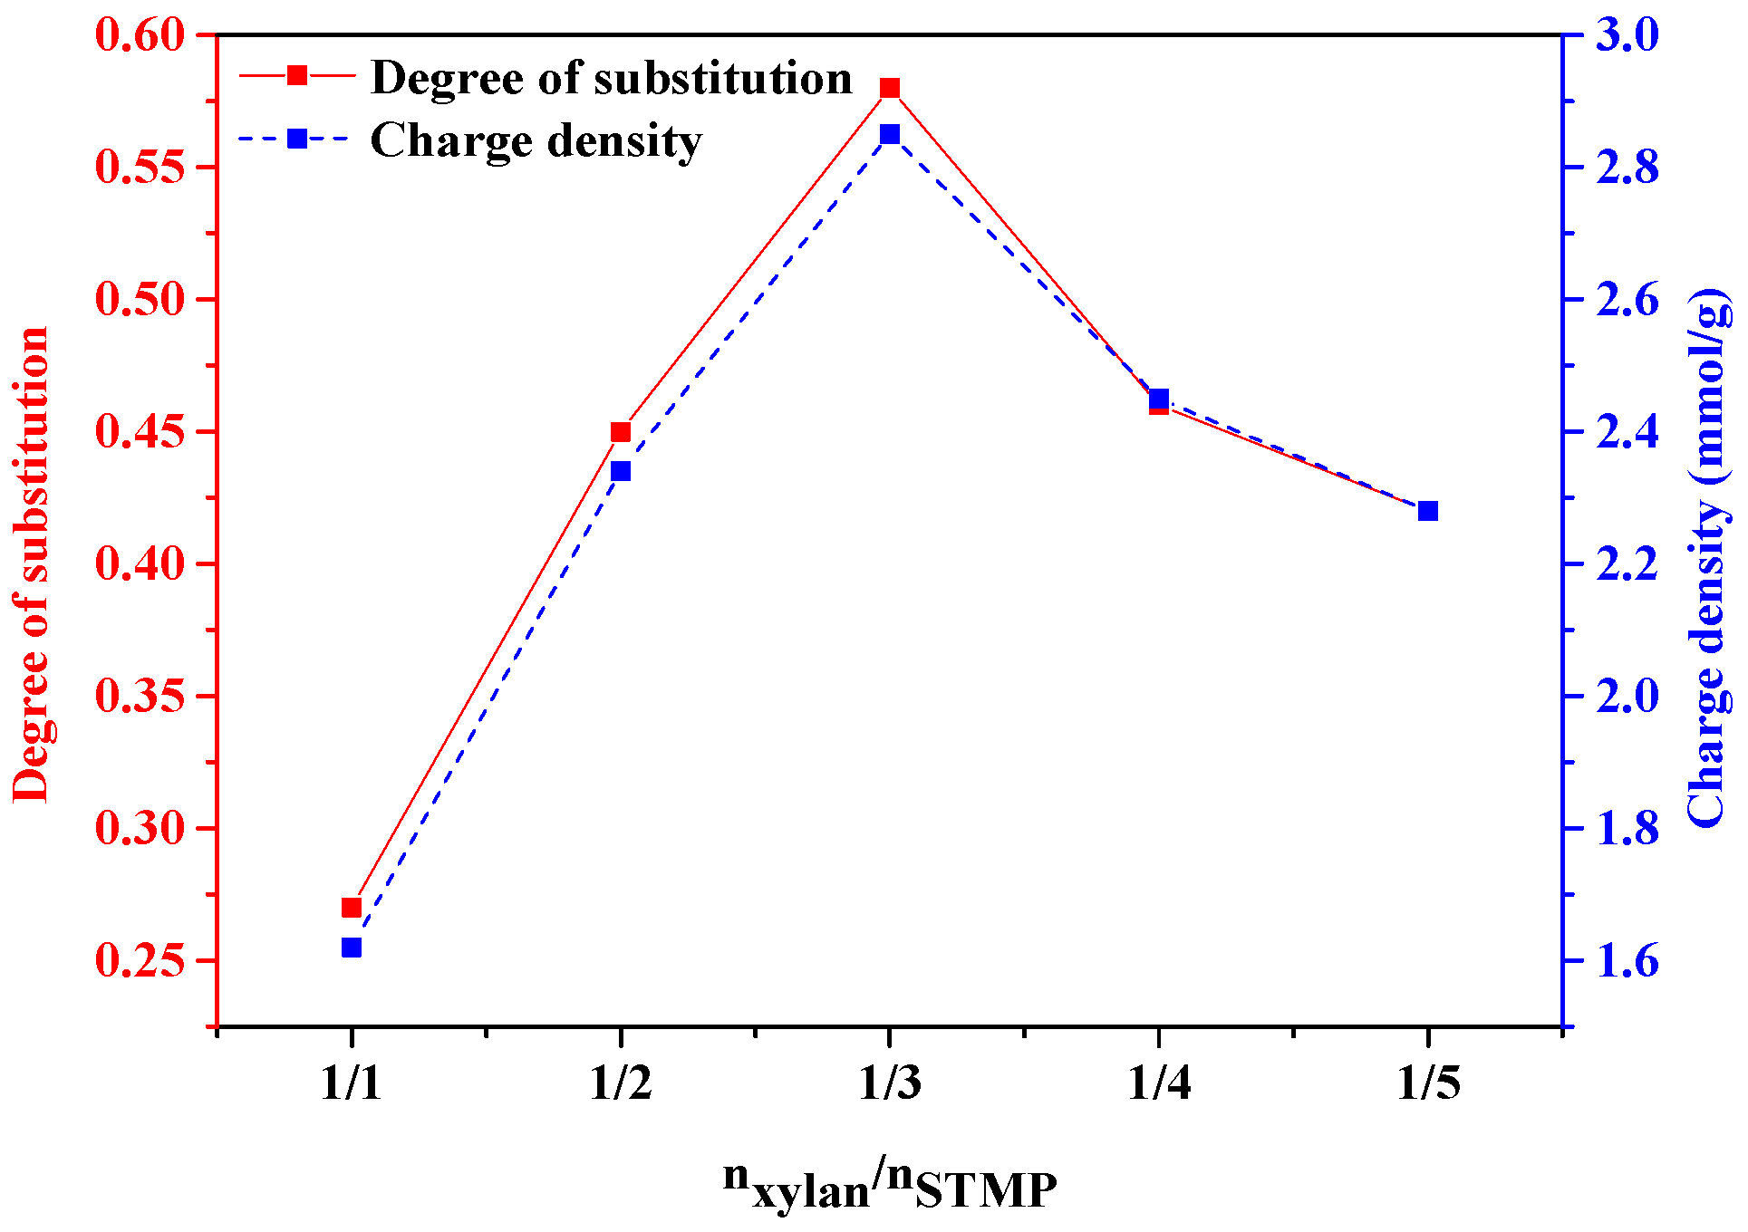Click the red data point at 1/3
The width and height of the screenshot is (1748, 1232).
[x=889, y=88]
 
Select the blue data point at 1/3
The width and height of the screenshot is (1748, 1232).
[x=889, y=134]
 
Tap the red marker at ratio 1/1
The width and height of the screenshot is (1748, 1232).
[x=352, y=908]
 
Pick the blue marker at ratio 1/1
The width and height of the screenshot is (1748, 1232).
[x=352, y=948]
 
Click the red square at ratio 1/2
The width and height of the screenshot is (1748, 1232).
[x=620, y=432]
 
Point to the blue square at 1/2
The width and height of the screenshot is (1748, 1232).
[x=620, y=471]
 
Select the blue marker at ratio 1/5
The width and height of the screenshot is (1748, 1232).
[x=1427, y=511]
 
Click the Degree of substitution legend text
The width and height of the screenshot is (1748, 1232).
[x=612, y=78]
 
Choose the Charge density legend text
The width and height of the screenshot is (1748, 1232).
[x=536, y=140]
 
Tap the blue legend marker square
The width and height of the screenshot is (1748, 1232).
[x=296, y=139]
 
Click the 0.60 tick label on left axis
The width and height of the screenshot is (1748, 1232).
[x=140, y=35]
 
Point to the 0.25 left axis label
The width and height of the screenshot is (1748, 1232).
[x=140, y=961]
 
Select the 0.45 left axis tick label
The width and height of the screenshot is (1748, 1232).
[x=140, y=432]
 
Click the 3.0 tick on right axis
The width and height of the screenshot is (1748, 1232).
[x=1627, y=35]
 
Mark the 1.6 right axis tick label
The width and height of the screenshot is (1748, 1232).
[x=1627, y=961]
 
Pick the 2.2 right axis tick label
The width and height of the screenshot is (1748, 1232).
[x=1627, y=564]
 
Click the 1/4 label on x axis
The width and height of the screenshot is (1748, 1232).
[x=1159, y=1083]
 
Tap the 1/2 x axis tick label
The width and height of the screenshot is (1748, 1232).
[x=621, y=1083]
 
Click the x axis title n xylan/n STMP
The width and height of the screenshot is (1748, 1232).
[x=889, y=1186]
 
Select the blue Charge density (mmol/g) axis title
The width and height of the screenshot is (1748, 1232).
[x=1707, y=557]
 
